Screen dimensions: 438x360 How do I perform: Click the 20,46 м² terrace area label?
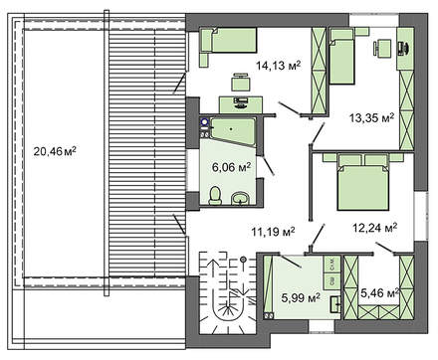pos(55,152)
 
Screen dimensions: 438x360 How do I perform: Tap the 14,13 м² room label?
pos(278,66)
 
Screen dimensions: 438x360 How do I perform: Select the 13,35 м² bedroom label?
pos(371,117)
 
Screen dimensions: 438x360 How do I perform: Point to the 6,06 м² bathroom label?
pos(231,167)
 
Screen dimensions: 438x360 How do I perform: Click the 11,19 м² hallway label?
pos(273,232)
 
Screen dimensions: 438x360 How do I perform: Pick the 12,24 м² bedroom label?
pos(375,228)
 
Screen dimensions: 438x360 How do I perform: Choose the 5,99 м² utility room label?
pos(301,297)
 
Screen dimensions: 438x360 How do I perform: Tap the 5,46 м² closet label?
pos(379,292)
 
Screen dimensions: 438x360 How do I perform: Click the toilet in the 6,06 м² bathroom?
pos(215,196)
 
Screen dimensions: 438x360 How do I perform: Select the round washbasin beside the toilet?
pos(240,198)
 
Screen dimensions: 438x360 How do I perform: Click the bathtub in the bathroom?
pos(233,130)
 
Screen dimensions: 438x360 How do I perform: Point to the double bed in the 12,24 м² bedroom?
pos(362,182)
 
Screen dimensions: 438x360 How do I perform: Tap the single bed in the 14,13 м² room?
pos(229,40)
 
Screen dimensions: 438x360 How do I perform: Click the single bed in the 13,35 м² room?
pos(342,57)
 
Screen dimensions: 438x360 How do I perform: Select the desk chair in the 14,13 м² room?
pos(241,82)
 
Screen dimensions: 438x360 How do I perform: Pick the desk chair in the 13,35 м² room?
pos(382,48)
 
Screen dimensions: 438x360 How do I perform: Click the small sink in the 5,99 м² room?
pos(335,304)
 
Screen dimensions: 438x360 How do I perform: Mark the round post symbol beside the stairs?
pos(244,260)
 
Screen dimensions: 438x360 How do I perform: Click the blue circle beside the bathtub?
pos(204,122)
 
